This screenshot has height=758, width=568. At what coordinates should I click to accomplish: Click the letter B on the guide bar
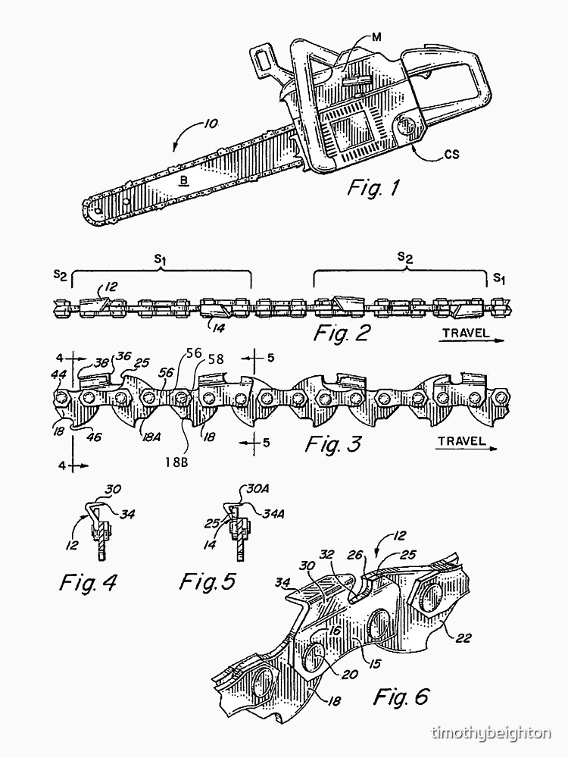183,180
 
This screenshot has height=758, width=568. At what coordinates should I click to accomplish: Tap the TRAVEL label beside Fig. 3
461,440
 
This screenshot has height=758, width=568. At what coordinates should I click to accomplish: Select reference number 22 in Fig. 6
464,637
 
